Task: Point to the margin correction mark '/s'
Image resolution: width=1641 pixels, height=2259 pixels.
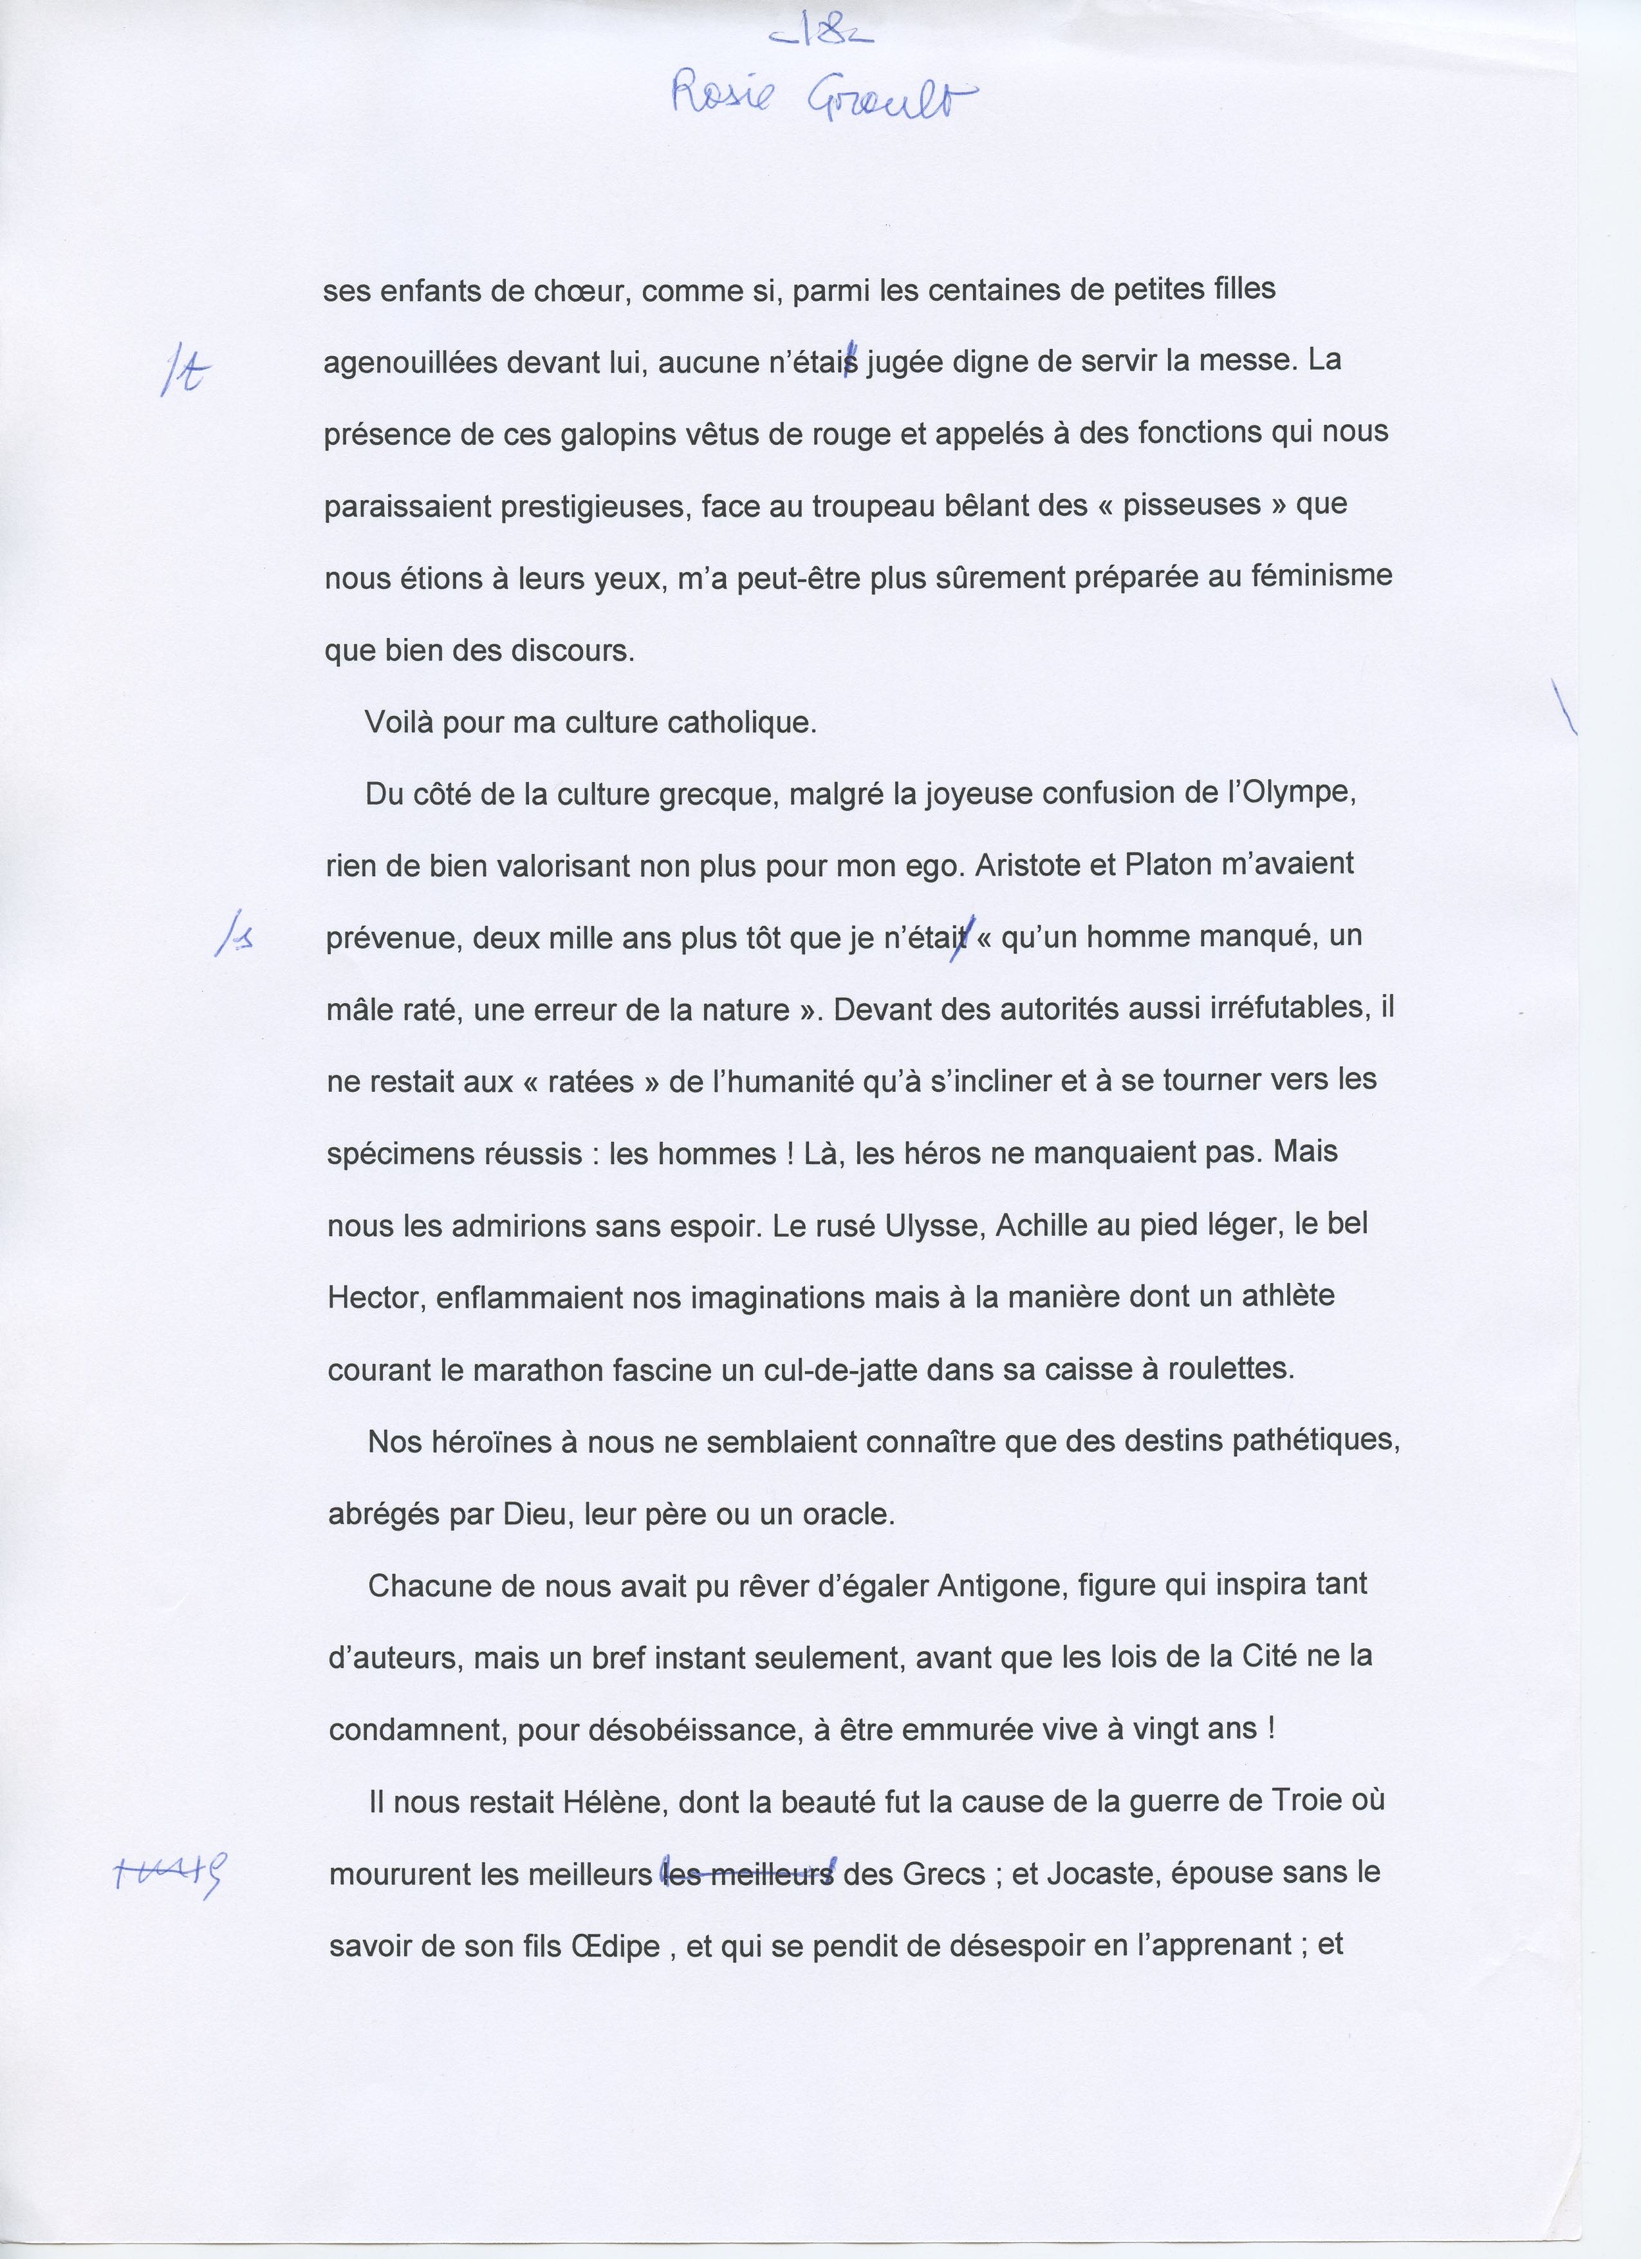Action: [233, 937]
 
